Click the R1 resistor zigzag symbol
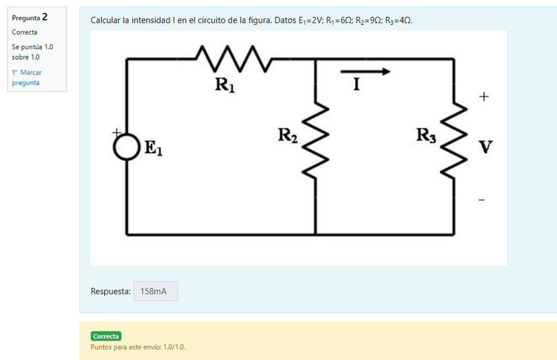point(233,58)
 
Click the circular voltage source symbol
point(126,147)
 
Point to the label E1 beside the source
point(152,150)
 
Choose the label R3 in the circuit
point(426,136)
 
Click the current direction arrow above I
point(365,72)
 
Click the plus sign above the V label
point(484,97)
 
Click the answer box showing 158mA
point(155,291)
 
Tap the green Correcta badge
point(106,336)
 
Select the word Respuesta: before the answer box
point(110,291)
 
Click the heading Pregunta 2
point(30,17)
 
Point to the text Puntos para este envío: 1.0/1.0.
point(138,347)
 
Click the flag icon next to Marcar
point(14,72)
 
